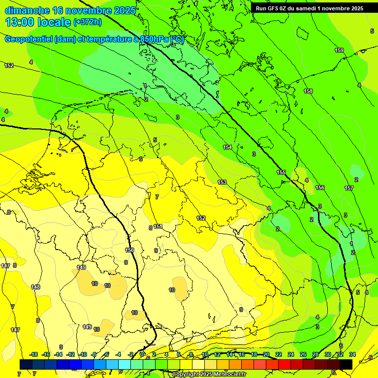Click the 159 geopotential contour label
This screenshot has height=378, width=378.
339,51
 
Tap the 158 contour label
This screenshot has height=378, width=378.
308,91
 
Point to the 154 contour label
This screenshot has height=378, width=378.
227,147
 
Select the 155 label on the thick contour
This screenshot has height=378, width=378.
281,172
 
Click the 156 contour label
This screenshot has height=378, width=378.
320,188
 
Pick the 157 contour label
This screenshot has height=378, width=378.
349,188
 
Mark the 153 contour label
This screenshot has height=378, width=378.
222,182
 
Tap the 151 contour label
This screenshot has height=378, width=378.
158,226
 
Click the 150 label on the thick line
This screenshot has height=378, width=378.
129,251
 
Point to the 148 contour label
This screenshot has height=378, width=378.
35,287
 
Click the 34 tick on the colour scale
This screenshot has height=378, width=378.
352,354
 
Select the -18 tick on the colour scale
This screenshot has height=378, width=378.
34,354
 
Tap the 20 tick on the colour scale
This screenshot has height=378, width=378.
266,354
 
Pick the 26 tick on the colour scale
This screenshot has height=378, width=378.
303,354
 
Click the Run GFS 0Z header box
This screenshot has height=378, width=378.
310,8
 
